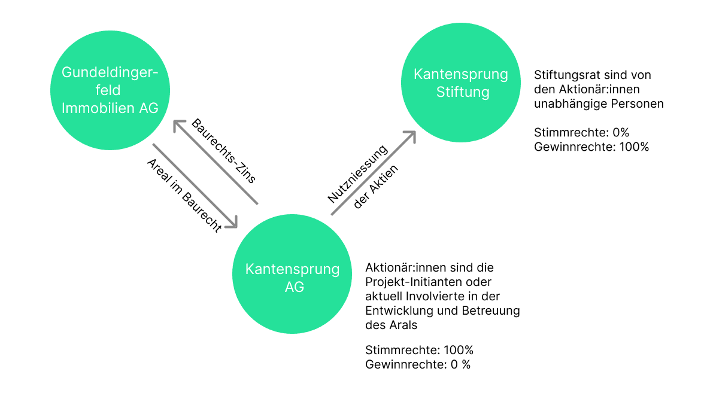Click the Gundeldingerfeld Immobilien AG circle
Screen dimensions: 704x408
click(110, 90)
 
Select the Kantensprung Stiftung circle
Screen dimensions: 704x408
click(460, 83)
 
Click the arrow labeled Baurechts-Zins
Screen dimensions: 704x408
click(216, 162)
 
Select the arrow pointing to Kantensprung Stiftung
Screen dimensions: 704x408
click(373, 172)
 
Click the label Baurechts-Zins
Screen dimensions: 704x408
click(224, 151)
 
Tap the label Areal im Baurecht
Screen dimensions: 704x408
click(184, 195)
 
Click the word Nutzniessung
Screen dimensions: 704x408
click(358, 174)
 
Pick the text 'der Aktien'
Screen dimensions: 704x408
click(377, 186)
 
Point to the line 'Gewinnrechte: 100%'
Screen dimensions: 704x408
click(591, 147)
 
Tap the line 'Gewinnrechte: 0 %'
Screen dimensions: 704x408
click(417, 364)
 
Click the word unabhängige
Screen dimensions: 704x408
click(566, 103)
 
